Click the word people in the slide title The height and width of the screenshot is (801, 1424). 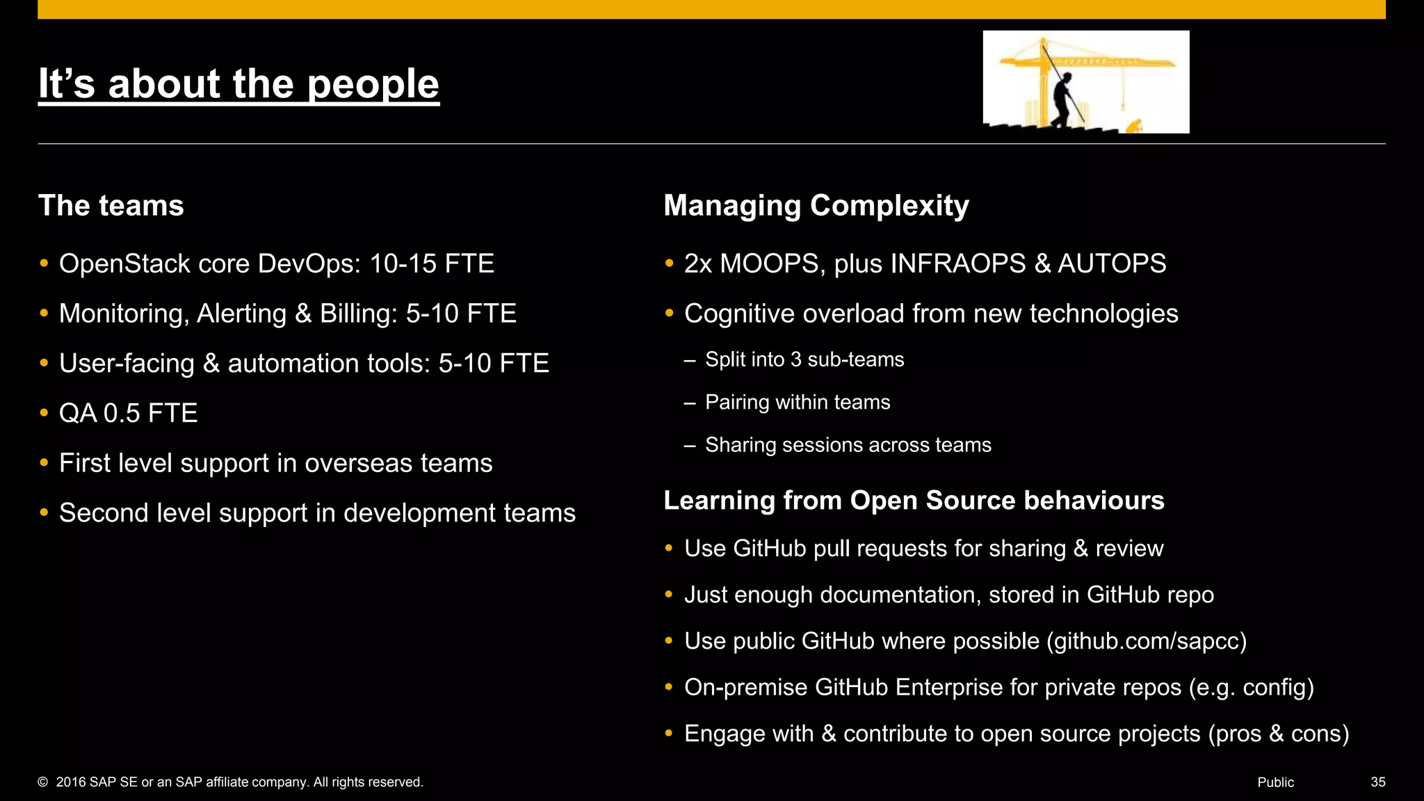pyautogui.click(x=373, y=84)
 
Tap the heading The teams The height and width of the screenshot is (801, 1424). pyautogui.click(x=111, y=206)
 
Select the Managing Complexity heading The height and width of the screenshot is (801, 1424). pyautogui.click(x=816, y=206)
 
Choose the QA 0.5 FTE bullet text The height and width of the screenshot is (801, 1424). pyautogui.click(x=128, y=414)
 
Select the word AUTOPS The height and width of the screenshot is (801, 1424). pyautogui.click(x=1112, y=264)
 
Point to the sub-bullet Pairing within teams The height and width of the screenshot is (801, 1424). pyautogui.click(x=798, y=403)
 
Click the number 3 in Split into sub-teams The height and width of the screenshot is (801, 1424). pyautogui.click(x=796, y=359)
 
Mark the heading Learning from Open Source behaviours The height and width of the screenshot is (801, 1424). pyautogui.click(x=914, y=501)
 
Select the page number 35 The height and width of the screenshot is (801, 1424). pyautogui.click(x=1377, y=782)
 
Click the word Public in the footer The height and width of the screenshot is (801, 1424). pyautogui.click(x=1275, y=782)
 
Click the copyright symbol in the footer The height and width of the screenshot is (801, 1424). pyautogui.click(x=42, y=782)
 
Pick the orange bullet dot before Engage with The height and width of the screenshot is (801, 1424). pyautogui.click(x=669, y=734)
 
